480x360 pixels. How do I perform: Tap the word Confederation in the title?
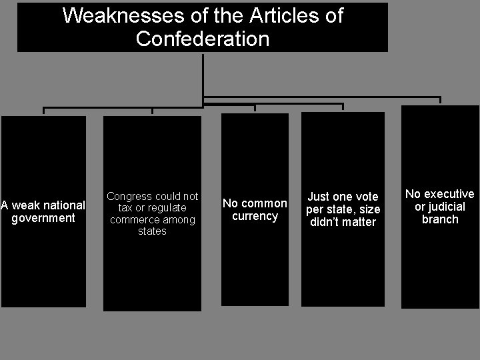[203, 38]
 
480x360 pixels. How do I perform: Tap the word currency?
[255, 216]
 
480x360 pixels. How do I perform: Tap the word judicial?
[446, 207]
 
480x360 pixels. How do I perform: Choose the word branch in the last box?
[440, 219]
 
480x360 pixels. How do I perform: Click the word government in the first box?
[43, 218]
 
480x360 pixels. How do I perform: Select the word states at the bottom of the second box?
[152, 231]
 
